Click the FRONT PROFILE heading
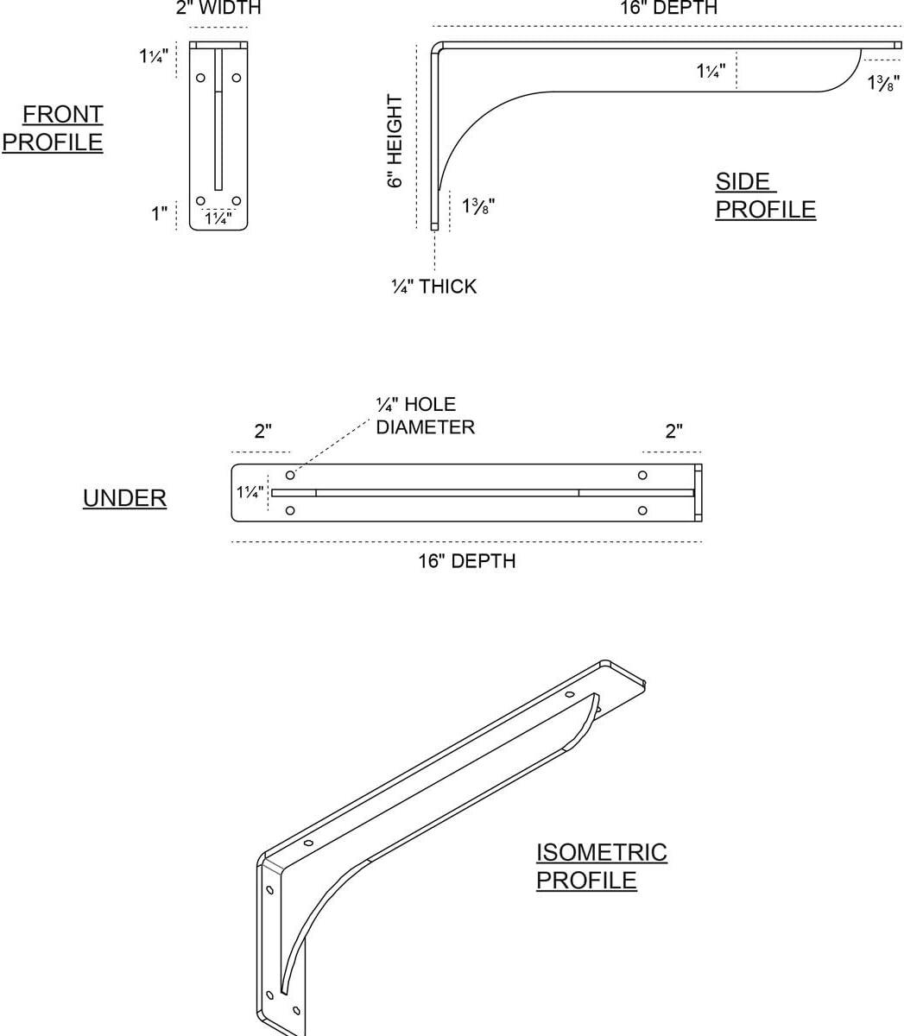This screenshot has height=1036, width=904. tap(53, 128)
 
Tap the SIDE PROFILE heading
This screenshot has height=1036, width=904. tap(765, 195)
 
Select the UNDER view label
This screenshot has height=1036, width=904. tap(124, 498)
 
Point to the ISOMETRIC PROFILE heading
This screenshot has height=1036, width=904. tap(601, 867)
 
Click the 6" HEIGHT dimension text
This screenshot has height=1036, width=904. tap(395, 141)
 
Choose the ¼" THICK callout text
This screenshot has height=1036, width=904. tap(434, 287)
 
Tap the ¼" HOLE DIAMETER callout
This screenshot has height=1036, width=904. tap(426, 416)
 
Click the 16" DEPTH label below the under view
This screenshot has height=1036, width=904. tap(467, 561)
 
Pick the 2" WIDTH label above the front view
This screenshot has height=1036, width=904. tap(218, 8)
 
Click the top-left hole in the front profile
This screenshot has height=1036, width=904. tap(200, 78)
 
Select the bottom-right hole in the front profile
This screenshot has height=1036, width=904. tap(236, 201)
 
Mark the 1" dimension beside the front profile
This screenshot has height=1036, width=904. tap(160, 214)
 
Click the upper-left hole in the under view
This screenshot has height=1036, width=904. tap(290, 475)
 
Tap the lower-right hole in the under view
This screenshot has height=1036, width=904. tap(642, 510)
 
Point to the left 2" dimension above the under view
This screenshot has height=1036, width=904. tap(262, 432)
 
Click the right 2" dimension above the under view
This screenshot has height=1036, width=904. tap(673, 432)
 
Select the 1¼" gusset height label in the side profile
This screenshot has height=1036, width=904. tap(711, 71)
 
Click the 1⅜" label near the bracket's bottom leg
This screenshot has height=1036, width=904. tap(478, 206)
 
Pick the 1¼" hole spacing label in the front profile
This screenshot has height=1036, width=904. tap(218, 218)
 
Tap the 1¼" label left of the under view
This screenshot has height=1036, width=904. tap(250, 492)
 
